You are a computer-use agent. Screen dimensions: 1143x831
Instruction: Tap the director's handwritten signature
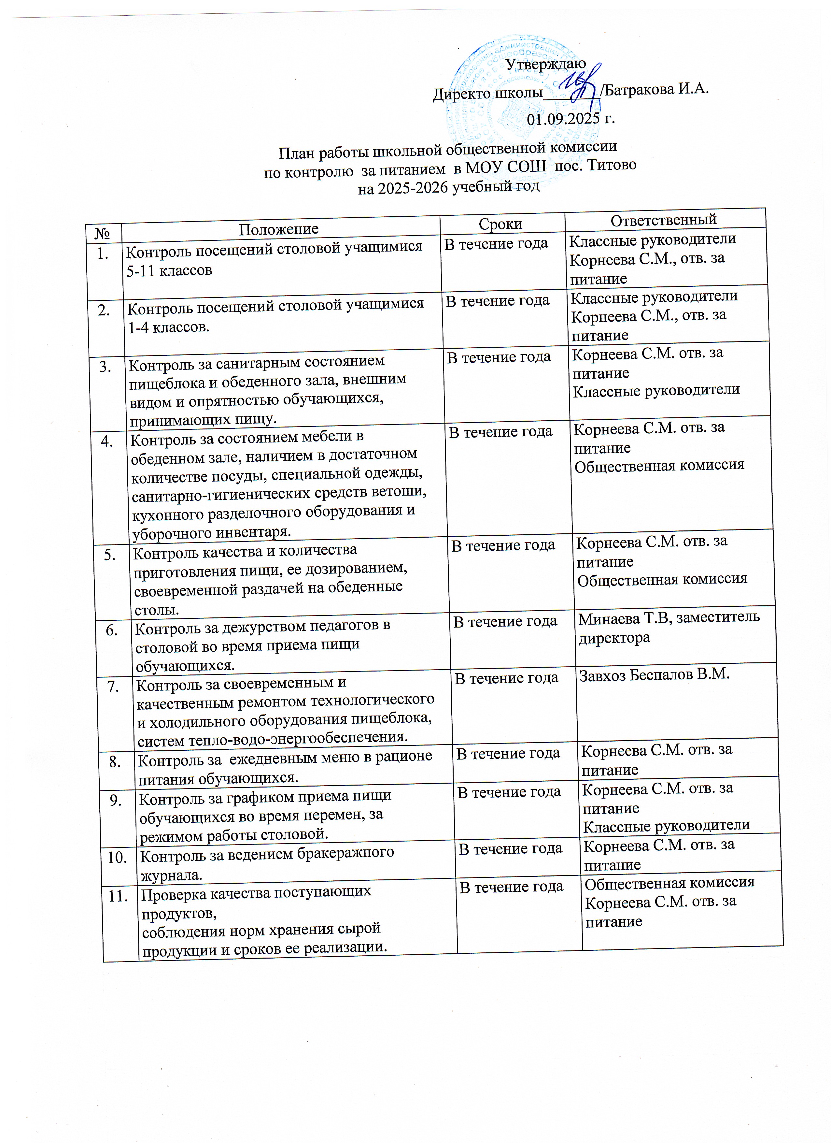point(579,86)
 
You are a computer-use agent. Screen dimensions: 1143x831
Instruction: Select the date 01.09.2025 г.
point(570,119)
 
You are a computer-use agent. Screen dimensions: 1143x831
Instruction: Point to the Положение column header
point(278,229)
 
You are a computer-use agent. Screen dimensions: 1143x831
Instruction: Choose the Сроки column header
point(500,224)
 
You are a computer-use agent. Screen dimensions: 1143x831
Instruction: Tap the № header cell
point(103,233)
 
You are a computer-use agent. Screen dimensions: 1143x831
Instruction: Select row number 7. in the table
point(113,687)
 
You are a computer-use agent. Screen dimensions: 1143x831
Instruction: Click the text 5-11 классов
point(169,271)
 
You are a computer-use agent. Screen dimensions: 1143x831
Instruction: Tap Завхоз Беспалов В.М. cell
point(654,674)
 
